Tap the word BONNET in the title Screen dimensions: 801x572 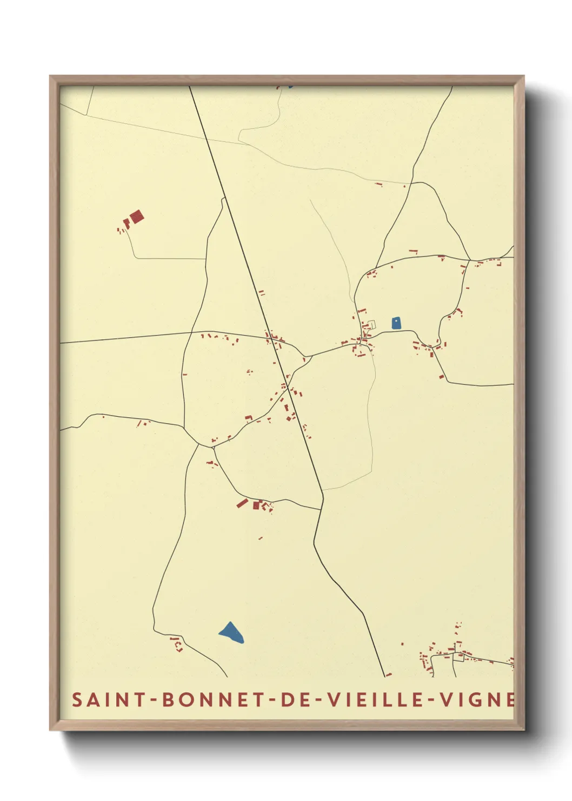pos(209,700)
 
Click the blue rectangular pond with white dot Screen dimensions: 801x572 pos(396,323)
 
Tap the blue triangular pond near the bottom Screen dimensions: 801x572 pos(232,632)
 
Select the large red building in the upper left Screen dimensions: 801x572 pos(137,217)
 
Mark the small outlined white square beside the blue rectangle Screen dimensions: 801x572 pos(371,324)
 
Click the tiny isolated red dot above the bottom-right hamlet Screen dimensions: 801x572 pos(402,644)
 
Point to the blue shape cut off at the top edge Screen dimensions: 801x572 pos(290,86)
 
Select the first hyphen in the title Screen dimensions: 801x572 pos(154,700)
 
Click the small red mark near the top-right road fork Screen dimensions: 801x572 pos(379,184)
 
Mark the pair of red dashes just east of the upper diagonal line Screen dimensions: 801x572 pos(262,293)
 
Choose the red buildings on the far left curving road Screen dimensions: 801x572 pos(142,423)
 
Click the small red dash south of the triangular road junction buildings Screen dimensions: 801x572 pos(261,538)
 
